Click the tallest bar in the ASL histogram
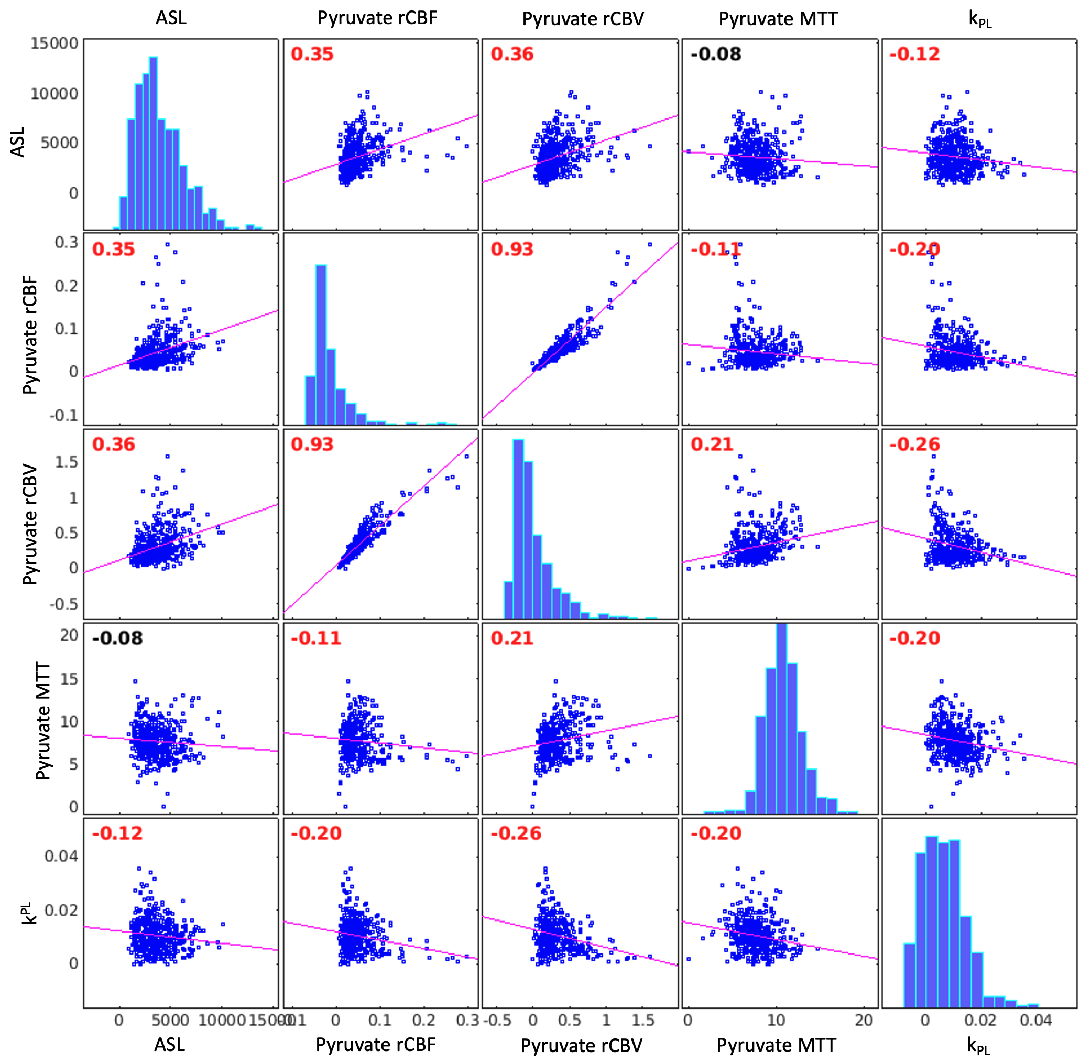point(153,142)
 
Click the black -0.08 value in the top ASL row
point(716,54)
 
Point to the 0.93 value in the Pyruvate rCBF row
point(512,249)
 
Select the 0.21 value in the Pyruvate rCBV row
point(712,444)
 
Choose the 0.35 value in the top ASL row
point(312,54)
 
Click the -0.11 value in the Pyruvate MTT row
point(315,637)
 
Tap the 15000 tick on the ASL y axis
point(54,44)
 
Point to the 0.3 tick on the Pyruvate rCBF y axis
point(67,242)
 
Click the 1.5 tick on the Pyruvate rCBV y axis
point(66,462)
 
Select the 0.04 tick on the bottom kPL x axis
point(1036,1020)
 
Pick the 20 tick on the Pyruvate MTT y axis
point(69,635)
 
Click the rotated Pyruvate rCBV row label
point(29,524)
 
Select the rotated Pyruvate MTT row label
point(42,721)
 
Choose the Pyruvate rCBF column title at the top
point(377,18)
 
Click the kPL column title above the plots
point(979,19)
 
